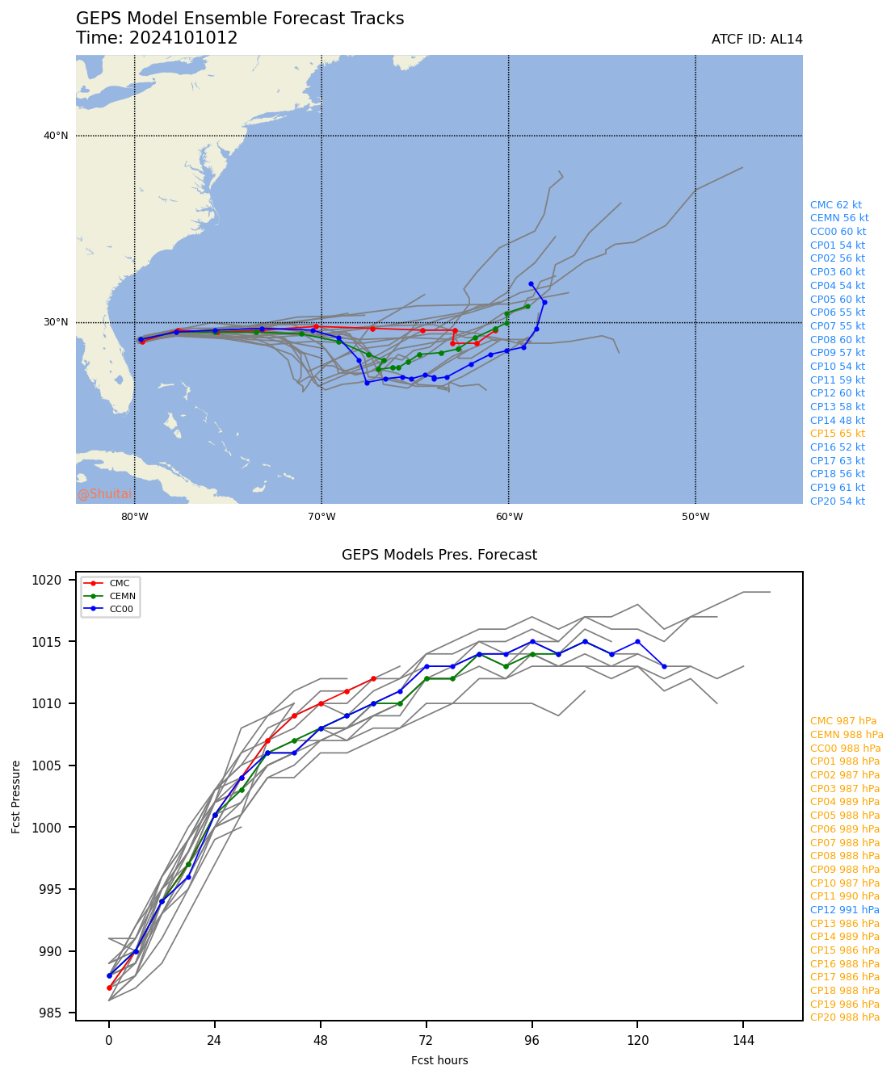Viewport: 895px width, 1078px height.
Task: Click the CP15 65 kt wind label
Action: tap(837, 434)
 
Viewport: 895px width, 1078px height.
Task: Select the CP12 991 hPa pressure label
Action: tap(844, 910)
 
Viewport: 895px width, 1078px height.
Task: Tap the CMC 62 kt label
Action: tap(835, 205)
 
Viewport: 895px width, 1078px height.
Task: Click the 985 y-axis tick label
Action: tap(52, 1013)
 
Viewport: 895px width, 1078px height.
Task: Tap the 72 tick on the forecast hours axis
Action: tap(426, 1041)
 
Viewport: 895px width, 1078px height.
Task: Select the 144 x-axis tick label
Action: tap(743, 1041)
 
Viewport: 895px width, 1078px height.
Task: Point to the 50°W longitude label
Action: tap(695, 517)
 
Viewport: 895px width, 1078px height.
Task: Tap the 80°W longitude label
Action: tap(134, 517)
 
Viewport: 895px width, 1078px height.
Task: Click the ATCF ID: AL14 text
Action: tap(757, 40)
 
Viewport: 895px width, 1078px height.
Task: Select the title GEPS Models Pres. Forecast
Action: tap(439, 555)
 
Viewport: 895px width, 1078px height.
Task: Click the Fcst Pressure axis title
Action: tap(16, 796)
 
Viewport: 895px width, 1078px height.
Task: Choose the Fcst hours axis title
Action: tap(439, 1060)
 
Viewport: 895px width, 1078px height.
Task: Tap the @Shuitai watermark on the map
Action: tap(104, 494)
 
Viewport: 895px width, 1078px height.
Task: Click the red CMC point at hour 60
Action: tap(373, 678)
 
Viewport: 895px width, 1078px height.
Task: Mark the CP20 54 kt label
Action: tap(837, 501)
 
